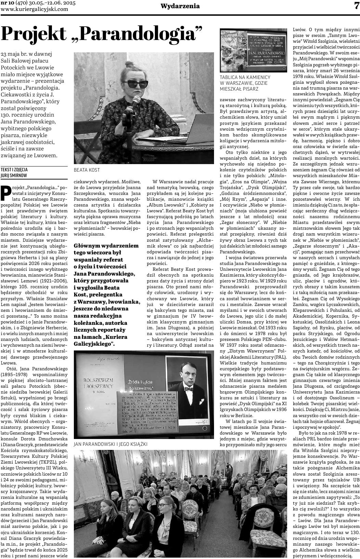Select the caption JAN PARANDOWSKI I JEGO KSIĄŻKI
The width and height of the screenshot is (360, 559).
coord(110,444)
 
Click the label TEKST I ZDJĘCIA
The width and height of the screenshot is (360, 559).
coord(14,170)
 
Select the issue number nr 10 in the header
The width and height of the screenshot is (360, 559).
coord(7,3)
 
